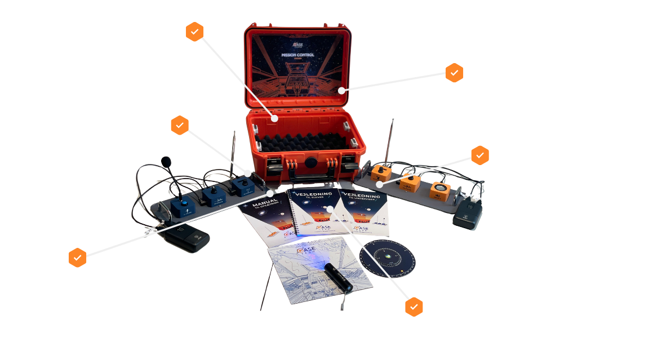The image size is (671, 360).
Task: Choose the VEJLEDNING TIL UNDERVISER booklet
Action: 364,211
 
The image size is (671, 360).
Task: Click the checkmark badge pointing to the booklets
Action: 415,307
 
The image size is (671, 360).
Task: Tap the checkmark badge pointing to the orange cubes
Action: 480,154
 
